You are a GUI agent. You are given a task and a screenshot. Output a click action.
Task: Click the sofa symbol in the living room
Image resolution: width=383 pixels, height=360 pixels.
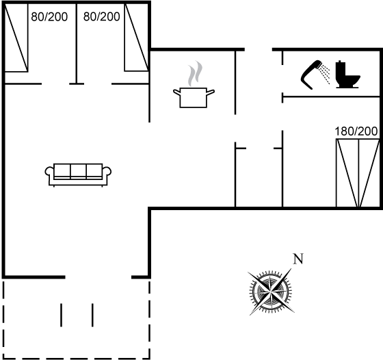point(78,175)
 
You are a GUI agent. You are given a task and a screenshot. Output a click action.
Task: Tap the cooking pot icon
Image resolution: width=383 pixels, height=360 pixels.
point(194,97)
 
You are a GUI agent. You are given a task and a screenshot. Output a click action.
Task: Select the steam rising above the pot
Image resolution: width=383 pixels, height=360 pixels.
point(195,74)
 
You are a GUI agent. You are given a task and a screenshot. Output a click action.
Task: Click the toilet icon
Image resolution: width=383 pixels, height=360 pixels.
point(347,75)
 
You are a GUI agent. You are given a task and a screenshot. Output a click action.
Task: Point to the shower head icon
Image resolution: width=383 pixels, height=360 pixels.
point(311,74)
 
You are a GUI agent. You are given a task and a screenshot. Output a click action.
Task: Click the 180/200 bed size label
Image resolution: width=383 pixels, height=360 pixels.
point(356,131)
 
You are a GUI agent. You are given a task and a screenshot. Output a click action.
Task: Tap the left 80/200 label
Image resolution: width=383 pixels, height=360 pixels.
point(49,17)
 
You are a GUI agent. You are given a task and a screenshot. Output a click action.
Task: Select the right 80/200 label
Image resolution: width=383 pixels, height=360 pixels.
point(102,16)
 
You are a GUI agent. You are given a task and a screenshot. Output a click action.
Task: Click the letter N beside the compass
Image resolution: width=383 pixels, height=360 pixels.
point(298,259)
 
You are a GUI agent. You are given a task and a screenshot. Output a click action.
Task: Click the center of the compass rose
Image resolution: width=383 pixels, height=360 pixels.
point(271,292)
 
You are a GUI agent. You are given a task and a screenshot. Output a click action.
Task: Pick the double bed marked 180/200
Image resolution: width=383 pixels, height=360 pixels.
point(358,173)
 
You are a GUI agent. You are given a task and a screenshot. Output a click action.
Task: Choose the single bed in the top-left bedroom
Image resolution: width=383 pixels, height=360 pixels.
point(16,38)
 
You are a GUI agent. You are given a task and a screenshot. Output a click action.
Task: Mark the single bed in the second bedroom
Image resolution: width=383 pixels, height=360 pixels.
point(137,38)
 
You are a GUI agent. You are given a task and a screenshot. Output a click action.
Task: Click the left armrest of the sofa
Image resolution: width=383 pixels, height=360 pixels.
point(49,171)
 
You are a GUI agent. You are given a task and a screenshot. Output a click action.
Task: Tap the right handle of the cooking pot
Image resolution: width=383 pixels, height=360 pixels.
point(211,92)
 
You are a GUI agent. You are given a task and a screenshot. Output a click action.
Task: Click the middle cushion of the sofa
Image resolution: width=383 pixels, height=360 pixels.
point(78,170)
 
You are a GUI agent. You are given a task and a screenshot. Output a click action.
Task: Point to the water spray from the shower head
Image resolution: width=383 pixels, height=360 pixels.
point(325,73)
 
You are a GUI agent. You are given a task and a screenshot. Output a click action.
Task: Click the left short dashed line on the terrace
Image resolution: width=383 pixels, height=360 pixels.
point(61,315)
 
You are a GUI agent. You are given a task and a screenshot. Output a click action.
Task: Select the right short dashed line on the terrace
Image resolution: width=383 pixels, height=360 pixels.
point(92,315)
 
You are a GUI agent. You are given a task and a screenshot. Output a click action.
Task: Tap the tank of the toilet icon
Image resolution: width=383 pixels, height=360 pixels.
point(341,69)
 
